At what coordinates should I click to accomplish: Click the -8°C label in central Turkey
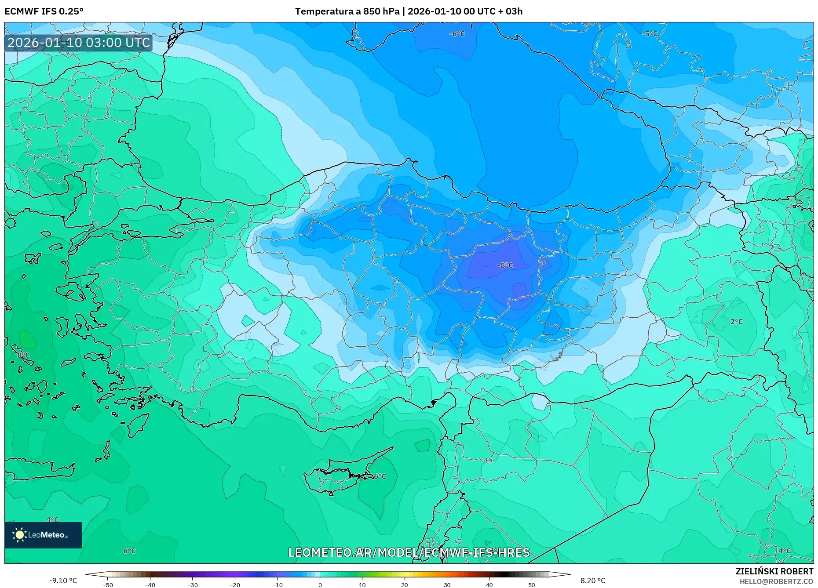(505, 265)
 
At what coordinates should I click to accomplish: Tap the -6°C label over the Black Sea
(457, 34)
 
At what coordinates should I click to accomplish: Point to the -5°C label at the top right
(650, 34)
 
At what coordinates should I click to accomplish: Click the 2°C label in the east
(736, 322)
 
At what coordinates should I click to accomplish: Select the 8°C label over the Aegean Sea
(23, 355)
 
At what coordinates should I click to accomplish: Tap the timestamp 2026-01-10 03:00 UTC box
(79, 43)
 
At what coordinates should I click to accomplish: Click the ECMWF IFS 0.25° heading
(44, 11)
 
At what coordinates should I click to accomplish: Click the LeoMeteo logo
(43, 535)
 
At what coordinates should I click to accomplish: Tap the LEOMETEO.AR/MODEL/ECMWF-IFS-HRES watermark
(409, 552)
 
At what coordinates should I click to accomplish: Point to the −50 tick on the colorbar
(108, 584)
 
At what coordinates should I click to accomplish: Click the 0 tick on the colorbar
(320, 584)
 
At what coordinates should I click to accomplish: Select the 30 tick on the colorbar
(447, 584)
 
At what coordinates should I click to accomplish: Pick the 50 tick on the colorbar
(532, 584)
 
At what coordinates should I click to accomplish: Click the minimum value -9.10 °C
(63, 581)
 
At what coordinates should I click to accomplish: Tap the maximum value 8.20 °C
(592, 581)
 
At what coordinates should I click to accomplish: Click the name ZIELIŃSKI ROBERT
(774, 571)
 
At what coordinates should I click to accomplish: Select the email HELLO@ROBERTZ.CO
(776, 581)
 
